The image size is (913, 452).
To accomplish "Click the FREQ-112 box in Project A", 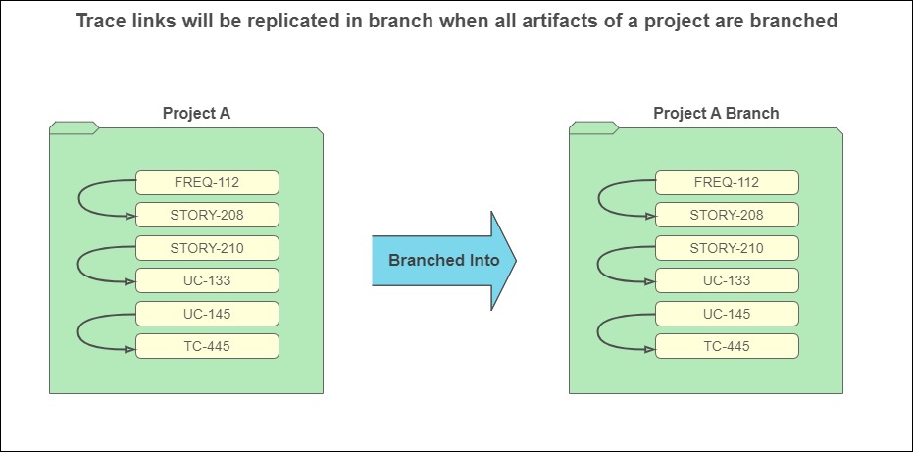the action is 207,182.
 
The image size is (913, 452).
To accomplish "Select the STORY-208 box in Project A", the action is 207,215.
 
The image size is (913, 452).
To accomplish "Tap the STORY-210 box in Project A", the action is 207,248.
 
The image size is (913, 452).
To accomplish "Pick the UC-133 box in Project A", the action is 207,280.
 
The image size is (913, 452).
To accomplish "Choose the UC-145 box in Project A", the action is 207,314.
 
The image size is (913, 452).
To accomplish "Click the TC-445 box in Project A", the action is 207,346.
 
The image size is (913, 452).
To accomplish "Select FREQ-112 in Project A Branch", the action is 727,182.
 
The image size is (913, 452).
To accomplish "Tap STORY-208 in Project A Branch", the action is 727,215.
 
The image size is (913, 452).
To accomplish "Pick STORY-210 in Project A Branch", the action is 727,248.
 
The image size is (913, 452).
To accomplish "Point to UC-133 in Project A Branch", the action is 727,280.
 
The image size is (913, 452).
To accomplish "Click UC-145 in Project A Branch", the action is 727,314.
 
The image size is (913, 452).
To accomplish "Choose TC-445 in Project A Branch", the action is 727,346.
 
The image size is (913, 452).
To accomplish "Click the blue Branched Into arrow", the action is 443,261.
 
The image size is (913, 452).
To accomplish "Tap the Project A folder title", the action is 196,113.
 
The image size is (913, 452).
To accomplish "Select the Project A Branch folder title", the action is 716,113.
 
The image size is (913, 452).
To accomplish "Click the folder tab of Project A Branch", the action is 594,127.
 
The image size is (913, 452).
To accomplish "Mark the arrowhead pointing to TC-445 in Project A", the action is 130,349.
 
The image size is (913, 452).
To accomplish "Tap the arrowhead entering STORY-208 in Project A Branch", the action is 650,216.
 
